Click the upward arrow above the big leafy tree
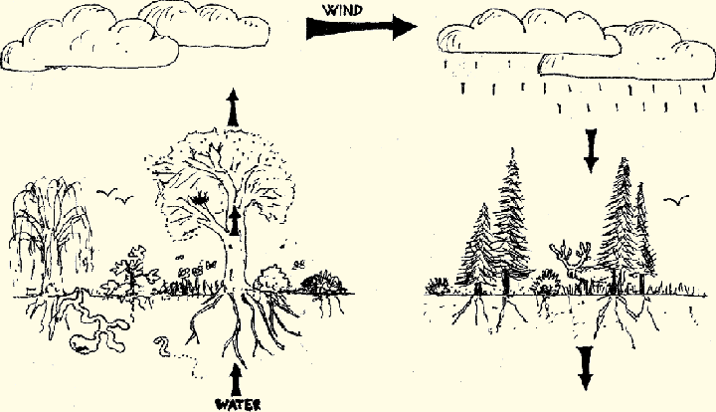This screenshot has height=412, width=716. coord(234,106)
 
